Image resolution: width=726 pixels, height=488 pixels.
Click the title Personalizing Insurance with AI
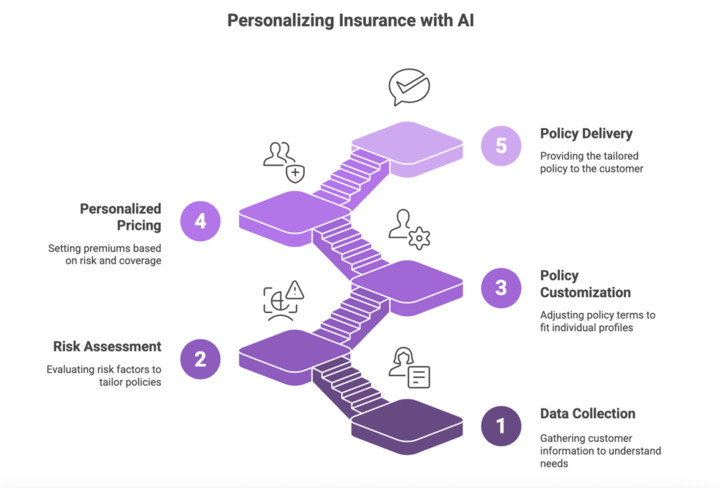coord(351,21)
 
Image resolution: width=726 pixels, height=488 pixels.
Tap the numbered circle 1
coord(501,426)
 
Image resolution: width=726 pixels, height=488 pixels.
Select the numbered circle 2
coord(200,359)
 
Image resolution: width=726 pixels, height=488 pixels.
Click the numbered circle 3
coord(501,288)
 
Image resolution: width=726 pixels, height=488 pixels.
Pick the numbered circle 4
coord(200,221)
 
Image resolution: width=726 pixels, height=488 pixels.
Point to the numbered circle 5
coord(501,146)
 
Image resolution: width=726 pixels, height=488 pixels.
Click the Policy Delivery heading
coord(586,134)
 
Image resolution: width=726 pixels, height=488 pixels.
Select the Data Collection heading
coord(587,414)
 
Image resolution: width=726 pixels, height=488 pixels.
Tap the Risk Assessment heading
coord(107,347)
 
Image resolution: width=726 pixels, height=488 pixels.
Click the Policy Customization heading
coord(585,284)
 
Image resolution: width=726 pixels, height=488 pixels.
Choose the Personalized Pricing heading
coord(121,217)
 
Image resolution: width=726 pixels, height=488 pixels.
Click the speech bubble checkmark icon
coord(409,86)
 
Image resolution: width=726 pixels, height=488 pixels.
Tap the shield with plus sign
coord(295,173)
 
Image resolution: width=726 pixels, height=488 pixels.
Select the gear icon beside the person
coord(419,239)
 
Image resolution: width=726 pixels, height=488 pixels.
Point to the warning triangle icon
coord(295,290)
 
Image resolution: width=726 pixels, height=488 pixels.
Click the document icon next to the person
coord(419,377)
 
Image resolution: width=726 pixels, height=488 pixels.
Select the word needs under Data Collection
coord(554,463)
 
